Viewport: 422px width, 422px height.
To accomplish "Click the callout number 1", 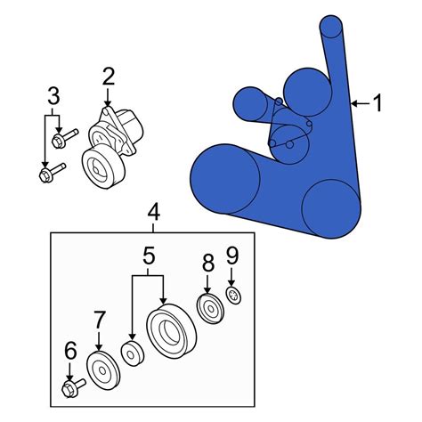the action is tap(377, 103).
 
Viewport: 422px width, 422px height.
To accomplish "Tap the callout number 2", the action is tap(109, 77).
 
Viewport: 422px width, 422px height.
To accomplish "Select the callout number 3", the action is tap(53, 96).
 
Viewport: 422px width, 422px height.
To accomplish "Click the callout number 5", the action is tap(149, 256).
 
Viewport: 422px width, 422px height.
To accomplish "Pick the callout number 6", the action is tap(70, 351).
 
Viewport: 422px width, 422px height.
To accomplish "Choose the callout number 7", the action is tap(99, 320).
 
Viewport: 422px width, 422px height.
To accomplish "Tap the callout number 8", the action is tap(208, 263).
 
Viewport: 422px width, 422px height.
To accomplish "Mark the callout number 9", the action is tap(232, 256).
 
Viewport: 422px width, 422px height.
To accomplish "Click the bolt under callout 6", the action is tap(74, 387).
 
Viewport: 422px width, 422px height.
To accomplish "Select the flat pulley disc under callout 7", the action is tap(103, 369).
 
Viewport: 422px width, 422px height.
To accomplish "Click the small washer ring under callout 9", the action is tap(234, 296).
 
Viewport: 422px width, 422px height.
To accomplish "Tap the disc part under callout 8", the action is tap(211, 309).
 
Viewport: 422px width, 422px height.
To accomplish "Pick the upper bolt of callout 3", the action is tap(65, 137).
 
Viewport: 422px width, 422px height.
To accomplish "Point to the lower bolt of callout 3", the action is tap(53, 173).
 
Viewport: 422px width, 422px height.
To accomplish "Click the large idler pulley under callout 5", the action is tap(171, 331).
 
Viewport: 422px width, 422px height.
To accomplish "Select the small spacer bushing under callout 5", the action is tap(133, 353).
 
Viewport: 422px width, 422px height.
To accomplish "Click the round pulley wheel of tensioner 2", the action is tap(102, 166).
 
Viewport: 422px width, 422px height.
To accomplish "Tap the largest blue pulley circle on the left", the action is tap(225, 179).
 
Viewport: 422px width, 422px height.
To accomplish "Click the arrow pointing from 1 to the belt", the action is tap(361, 103).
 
